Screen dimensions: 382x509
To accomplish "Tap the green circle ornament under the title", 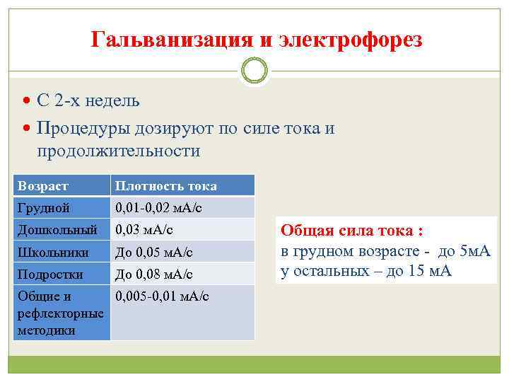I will (x=255, y=71).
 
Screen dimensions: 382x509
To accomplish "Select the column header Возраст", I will (x=43, y=186).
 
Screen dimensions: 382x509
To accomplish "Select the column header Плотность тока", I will (x=165, y=186).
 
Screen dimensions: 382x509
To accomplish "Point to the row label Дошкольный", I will (x=57, y=230).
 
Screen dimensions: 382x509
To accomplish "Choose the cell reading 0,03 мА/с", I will (x=144, y=230).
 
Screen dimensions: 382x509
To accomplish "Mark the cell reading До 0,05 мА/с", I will (x=153, y=252).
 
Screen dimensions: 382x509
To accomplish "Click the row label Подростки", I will (x=51, y=274).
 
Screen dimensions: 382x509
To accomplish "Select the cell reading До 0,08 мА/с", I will (x=153, y=274).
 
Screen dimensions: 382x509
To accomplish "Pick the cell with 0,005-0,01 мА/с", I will (x=162, y=296).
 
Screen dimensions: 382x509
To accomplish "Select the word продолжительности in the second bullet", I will (x=119, y=151).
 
